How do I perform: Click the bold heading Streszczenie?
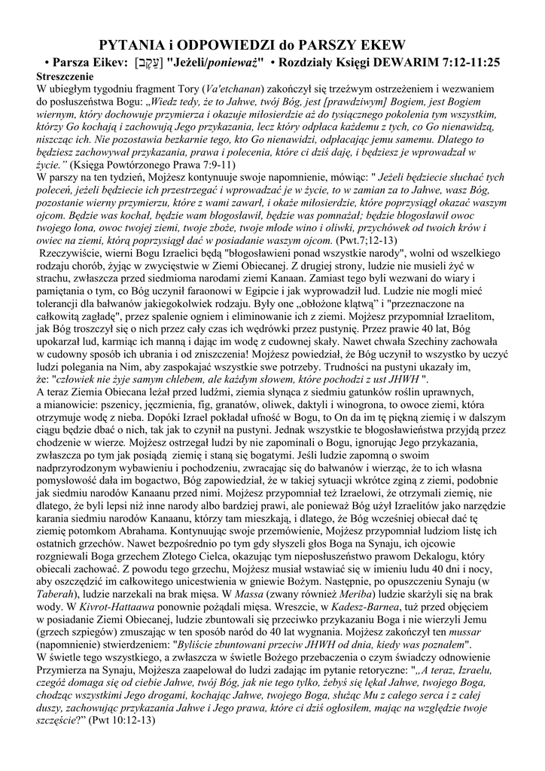pos(65,77)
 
